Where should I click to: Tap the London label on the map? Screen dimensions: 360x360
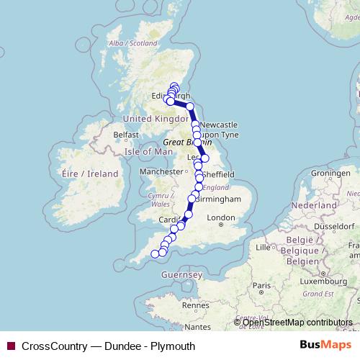click(220, 217)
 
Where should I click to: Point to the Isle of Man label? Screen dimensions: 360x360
click(149, 151)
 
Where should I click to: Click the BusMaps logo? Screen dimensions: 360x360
click(327, 346)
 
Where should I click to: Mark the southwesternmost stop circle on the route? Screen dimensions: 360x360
click(154, 253)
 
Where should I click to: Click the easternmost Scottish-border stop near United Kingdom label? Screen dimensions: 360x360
click(190, 107)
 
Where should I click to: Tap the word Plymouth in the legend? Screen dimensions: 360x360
click(173, 346)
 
